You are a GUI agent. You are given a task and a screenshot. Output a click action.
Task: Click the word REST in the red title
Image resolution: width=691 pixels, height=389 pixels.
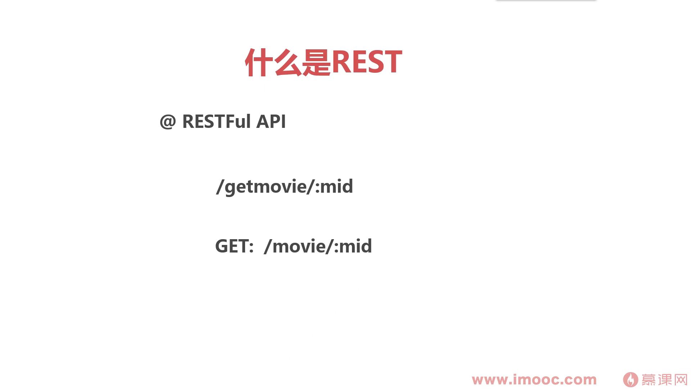[366, 62]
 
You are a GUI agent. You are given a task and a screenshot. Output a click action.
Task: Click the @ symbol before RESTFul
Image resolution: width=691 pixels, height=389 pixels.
[168, 121]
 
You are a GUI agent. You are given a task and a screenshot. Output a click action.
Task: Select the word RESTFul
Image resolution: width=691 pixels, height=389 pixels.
[216, 121]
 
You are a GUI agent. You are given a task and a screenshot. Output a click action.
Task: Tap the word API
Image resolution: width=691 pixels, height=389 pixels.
[271, 121]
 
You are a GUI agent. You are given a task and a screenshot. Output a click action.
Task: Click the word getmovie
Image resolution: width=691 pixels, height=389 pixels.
[266, 187]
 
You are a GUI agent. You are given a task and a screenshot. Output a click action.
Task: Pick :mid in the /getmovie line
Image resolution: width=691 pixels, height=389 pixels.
[334, 186]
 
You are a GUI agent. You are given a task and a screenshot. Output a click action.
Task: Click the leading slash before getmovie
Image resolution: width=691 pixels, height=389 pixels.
[220, 187]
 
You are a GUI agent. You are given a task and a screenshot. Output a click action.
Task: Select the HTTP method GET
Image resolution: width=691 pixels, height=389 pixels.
[232, 246]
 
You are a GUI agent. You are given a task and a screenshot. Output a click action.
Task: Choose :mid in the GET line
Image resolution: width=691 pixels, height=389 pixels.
[353, 246]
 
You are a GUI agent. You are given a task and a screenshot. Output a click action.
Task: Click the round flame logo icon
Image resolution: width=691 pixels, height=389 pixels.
[631, 380]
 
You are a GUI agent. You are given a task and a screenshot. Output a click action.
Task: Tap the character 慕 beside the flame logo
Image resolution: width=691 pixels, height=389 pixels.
[649, 380]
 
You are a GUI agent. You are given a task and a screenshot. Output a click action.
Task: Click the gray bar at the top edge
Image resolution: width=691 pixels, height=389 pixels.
[546, 0]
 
